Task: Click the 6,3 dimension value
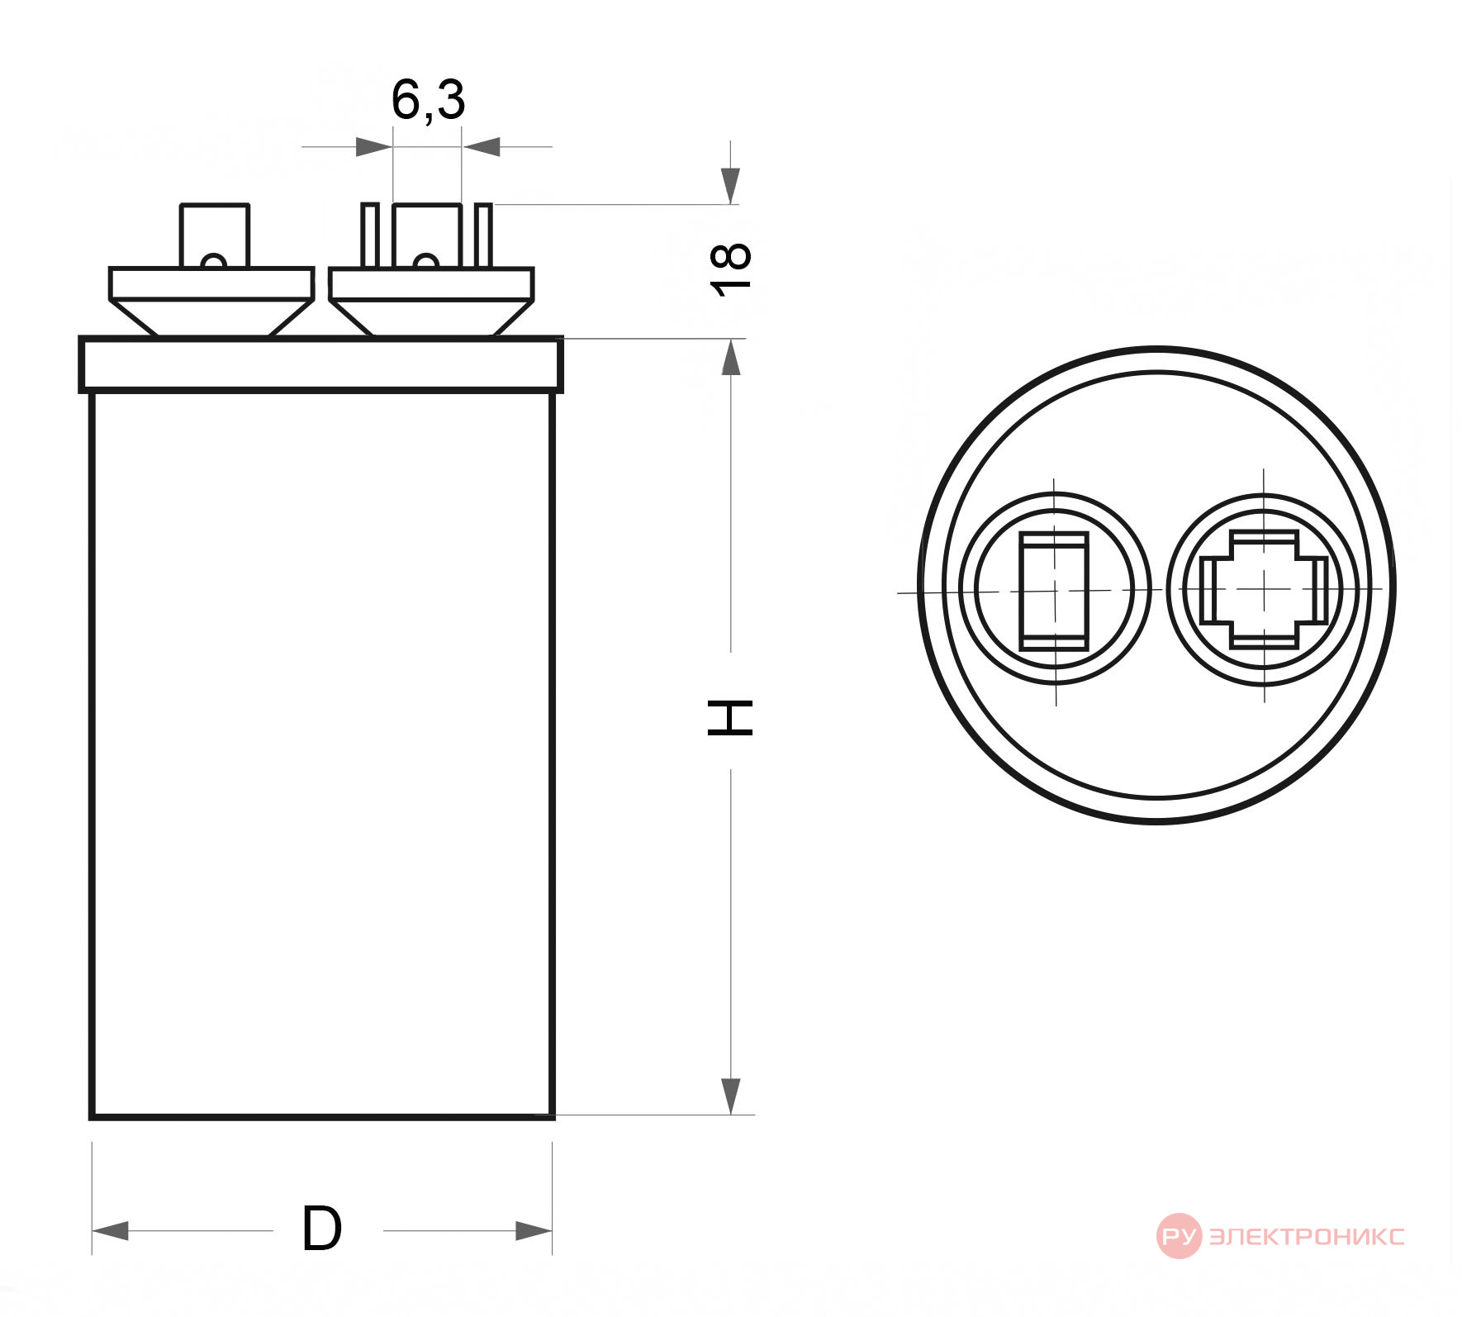(x=428, y=101)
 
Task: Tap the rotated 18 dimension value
(x=731, y=269)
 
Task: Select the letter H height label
(x=731, y=716)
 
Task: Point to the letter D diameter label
(x=321, y=1229)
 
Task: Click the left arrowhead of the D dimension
(x=110, y=1231)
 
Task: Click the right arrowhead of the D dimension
(x=534, y=1231)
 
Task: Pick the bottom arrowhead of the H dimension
(x=730, y=1096)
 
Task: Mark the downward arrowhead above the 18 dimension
(x=730, y=186)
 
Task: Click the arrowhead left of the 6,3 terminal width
(x=374, y=147)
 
